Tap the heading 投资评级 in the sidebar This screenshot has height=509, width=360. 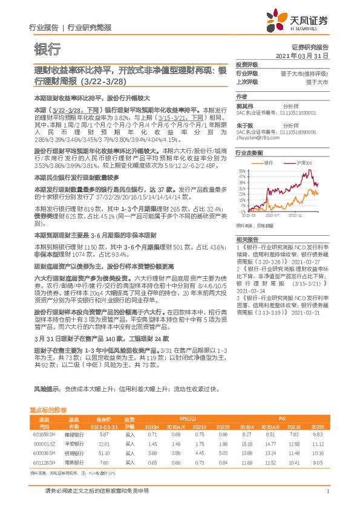pyautogui.click(x=246, y=65)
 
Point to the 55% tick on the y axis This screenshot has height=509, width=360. pyautogui.click(x=241, y=172)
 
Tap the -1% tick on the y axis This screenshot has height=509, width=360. pyautogui.click(x=242, y=211)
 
